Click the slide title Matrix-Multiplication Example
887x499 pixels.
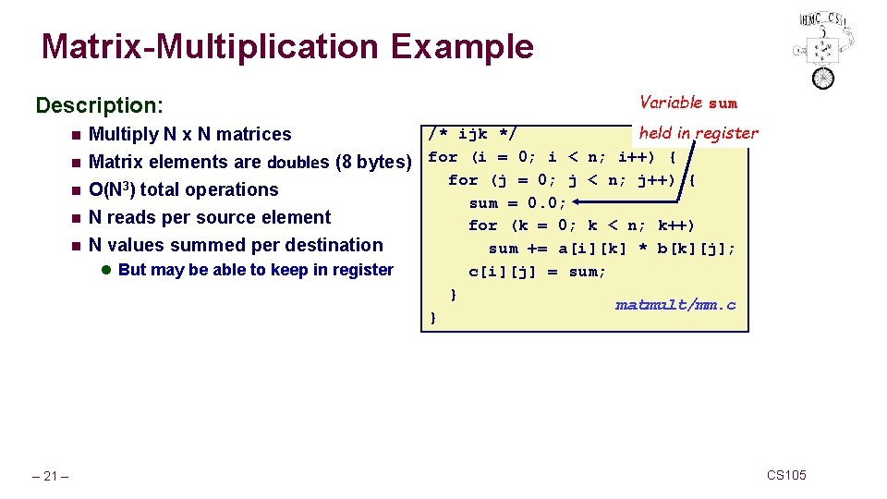[287, 46]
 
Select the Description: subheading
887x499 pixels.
[99, 105]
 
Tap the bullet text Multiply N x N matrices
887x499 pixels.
[189, 134]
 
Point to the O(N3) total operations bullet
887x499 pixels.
[183, 189]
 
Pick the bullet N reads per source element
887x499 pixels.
[209, 217]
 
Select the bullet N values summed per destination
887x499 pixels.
[235, 245]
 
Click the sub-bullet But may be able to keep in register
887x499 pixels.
[256, 270]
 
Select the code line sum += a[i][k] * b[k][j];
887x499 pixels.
[613, 248]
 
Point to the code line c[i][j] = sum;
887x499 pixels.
[538, 271]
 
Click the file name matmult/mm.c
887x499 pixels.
[675, 304]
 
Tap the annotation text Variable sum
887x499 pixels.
[688, 103]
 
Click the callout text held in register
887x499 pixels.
[699, 133]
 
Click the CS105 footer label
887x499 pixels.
[786, 475]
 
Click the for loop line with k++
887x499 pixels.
[581, 225]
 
